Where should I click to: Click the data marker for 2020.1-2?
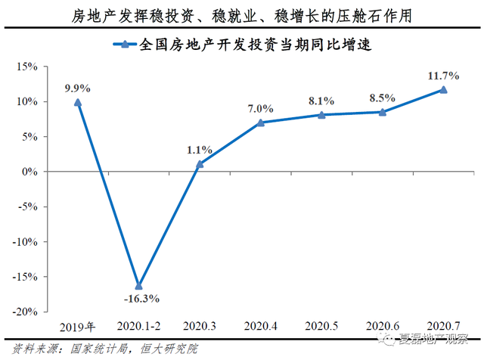tap(138, 285)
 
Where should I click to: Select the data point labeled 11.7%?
tap(443, 89)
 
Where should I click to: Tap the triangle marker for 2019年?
tap(77, 102)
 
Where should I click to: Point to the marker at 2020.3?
tap(199, 163)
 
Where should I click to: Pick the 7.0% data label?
tap(259, 109)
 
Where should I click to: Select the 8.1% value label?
tap(321, 101)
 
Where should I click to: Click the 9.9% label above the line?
tap(78, 88)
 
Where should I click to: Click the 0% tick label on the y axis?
tap(30, 172)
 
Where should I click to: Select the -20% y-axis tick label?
tap(24, 312)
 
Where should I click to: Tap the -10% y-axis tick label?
tap(24, 242)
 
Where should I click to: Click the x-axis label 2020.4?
tap(260, 327)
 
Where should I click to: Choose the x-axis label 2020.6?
tap(383, 327)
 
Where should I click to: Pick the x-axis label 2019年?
tap(77, 327)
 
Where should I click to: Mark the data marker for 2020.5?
tap(321, 115)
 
